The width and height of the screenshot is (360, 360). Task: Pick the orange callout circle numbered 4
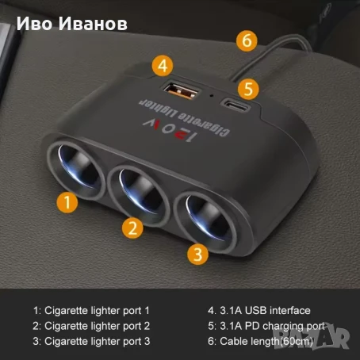163,64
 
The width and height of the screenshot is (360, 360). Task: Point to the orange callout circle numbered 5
248,88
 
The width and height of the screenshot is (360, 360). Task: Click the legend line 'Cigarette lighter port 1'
91,310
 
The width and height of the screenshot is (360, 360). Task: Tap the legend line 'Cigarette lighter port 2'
91,326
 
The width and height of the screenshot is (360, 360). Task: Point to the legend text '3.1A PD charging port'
265,326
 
